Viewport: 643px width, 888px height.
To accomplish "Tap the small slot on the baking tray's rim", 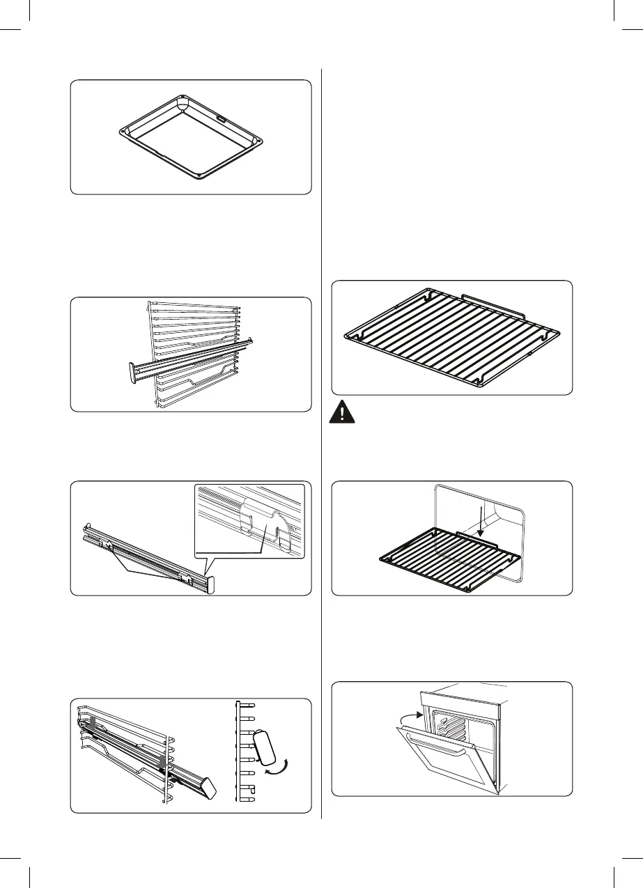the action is [220, 119].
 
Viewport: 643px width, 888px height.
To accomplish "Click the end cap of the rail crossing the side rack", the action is [132, 371].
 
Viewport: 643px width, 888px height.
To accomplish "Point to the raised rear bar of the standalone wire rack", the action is [494, 300].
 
